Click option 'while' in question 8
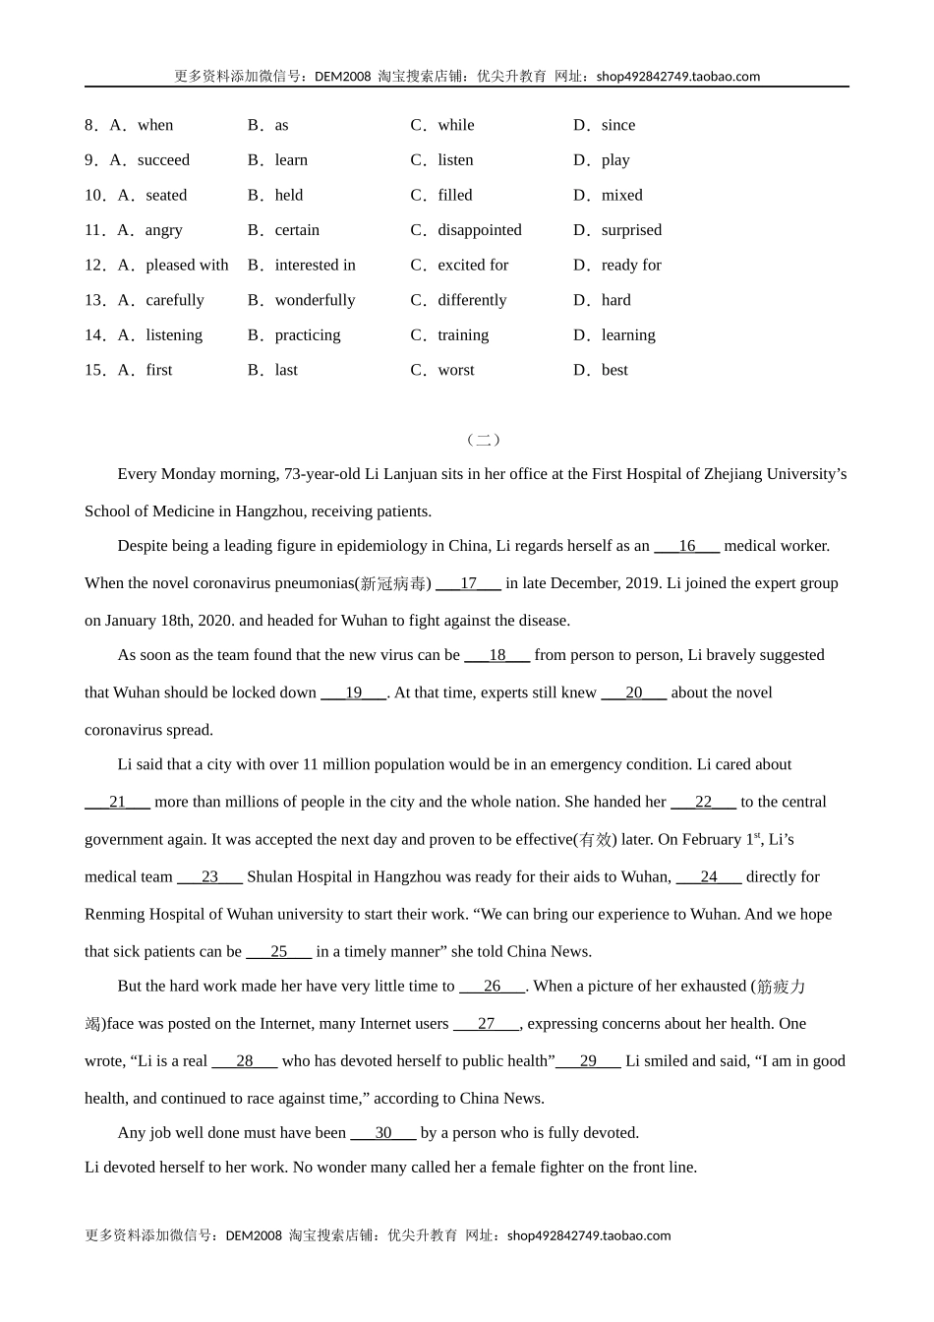[455, 125]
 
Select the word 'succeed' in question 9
[163, 160]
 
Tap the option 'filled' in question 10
[454, 195]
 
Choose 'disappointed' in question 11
[479, 230]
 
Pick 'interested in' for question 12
[315, 266]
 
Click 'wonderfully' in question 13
[315, 300]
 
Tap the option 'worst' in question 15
[455, 370]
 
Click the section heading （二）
[483, 440]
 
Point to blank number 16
[686, 546]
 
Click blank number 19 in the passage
[353, 692]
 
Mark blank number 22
[703, 802]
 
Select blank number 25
[278, 951]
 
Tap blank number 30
[383, 1133]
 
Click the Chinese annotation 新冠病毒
[393, 584]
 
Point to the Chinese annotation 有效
[595, 840]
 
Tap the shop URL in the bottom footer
[589, 1235]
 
